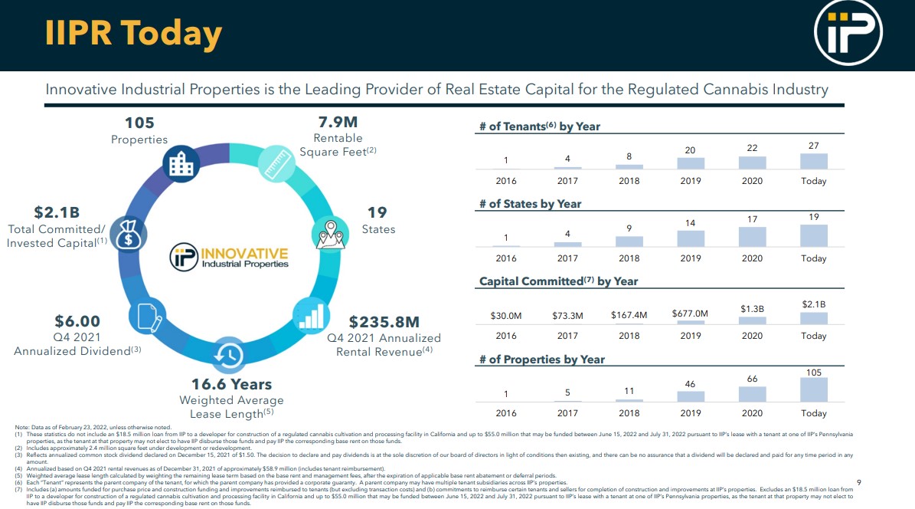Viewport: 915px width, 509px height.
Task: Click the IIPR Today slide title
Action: [x=133, y=34]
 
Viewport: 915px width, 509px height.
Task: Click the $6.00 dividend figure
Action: [x=77, y=321]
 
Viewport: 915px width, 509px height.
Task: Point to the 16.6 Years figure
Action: [x=231, y=384]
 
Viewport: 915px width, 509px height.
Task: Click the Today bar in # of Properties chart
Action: [x=813, y=389]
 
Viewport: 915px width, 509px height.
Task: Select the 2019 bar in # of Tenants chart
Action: [x=690, y=163]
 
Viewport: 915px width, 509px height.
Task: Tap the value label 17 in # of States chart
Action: [x=752, y=219]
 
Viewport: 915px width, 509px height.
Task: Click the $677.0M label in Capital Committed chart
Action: [x=690, y=314]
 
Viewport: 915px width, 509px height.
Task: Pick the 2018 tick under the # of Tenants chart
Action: [x=629, y=181]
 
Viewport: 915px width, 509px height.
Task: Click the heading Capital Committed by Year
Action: [x=558, y=281]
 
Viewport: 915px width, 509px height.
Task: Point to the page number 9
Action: [x=859, y=482]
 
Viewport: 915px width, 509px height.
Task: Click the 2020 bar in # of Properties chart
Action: [x=752, y=394]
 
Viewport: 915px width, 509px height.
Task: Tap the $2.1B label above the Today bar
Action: [x=813, y=304]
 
